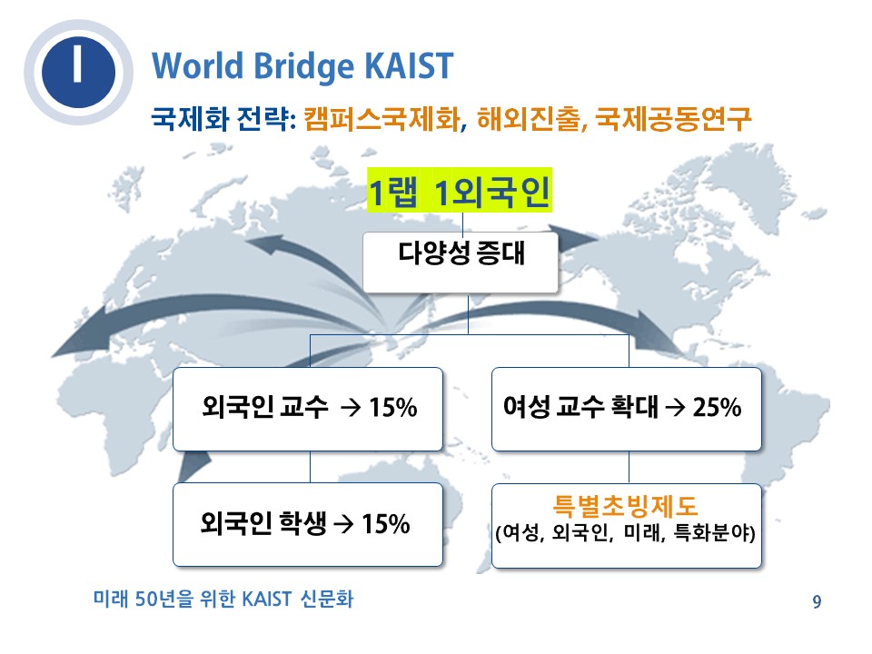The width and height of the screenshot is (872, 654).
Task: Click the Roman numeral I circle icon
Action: coord(78,73)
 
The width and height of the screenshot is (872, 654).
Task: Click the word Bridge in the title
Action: coord(303,67)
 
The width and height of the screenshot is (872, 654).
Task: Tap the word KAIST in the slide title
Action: coord(409,65)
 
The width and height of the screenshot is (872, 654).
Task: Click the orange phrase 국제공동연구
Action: coord(673,118)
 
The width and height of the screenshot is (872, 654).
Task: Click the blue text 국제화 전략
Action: coord(223,118)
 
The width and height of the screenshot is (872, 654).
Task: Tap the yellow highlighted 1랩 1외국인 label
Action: coord(460,191)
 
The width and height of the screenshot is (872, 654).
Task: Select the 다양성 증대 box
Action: coord(461,262)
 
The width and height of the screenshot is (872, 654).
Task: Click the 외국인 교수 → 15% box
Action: coord(308,409)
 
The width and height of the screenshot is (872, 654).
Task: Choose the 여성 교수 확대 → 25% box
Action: coord(626,409)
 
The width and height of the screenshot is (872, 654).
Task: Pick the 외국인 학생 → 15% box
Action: coord(308,524)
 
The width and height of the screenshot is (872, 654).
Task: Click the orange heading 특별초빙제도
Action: coord(625,506)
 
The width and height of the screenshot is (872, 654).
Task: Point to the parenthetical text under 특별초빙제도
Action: coord(625,533)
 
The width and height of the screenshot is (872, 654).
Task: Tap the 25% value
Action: coord(717,407)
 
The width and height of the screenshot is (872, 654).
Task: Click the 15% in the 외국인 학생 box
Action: coord(386,524)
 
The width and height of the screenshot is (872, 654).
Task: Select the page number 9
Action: coord(817,601)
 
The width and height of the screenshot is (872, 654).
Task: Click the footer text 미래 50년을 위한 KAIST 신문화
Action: coord(223,599)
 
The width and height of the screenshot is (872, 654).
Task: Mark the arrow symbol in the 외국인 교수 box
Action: coord(351,408)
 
